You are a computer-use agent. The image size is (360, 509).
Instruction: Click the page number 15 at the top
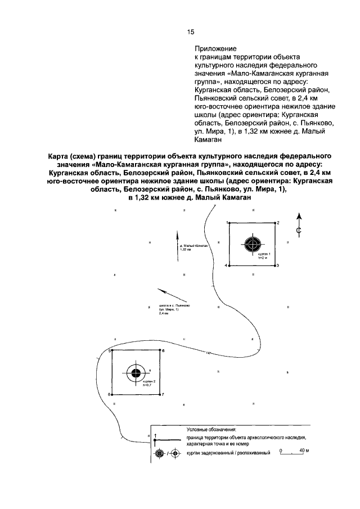[x=191, y=31]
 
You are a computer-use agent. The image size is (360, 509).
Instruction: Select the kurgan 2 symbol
[x=136, y=373]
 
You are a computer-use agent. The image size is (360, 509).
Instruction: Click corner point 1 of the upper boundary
[x=230, y=223]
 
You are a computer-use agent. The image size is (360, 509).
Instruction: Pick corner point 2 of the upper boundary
[x=274, y=223]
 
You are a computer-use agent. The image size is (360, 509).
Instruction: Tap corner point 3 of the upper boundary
[x=274, y=265]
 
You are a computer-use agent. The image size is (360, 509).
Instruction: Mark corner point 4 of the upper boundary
[x=230, y=265]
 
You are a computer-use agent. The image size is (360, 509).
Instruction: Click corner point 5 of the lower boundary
[x=112, y=351]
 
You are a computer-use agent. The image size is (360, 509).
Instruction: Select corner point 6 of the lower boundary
[x=160, y=351]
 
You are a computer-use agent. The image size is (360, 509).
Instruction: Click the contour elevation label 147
[x=209, y=353]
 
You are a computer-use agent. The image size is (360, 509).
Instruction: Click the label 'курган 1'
[x=265, y=254]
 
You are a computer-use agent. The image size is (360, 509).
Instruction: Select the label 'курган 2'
[x=143, y=381]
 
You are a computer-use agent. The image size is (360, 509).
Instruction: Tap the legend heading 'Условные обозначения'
[x=213, y=429]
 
